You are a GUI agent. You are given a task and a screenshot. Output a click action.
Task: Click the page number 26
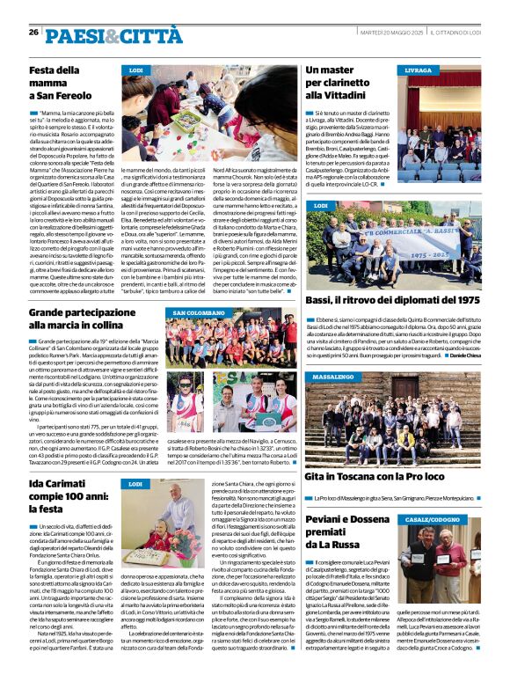[x=33, y=32]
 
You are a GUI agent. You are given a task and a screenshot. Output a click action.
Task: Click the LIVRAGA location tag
[x=419, y=70]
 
